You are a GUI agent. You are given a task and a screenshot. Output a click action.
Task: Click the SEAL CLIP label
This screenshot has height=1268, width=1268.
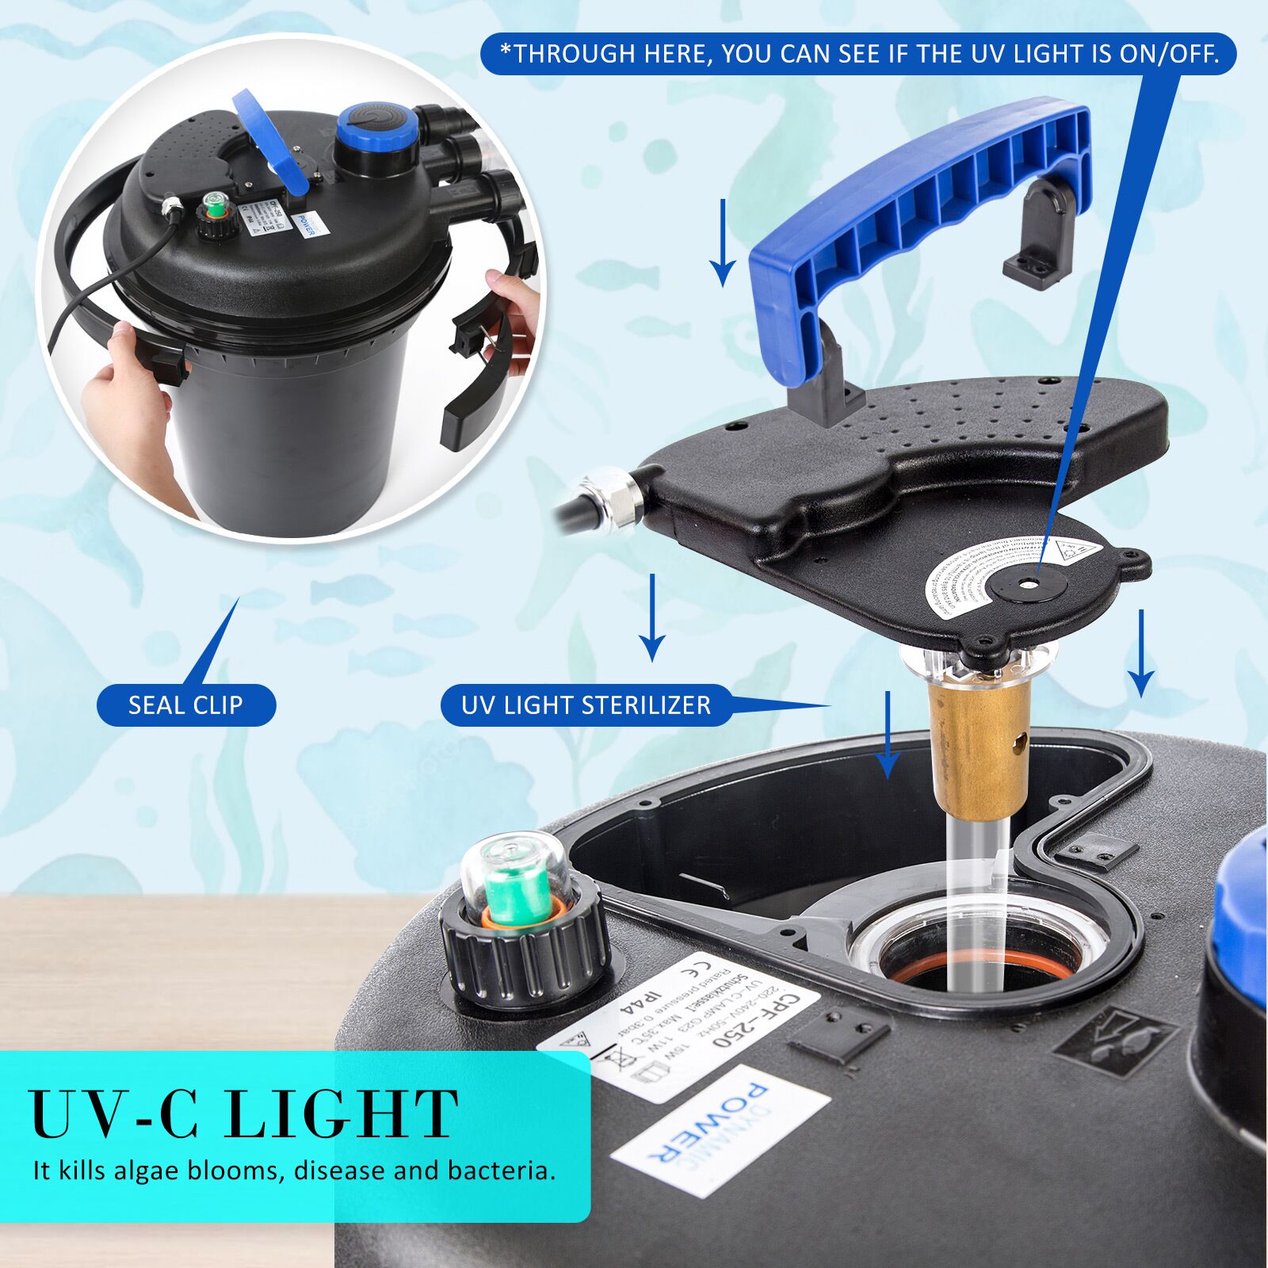tap(185, 705)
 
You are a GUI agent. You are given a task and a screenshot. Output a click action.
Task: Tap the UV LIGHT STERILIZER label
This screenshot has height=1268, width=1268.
tap(586, 705)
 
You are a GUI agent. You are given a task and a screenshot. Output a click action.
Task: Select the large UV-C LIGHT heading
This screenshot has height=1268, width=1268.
tap(243, 1113)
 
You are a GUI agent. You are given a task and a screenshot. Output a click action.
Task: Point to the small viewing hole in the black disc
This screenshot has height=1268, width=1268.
tap(1029, 582)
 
